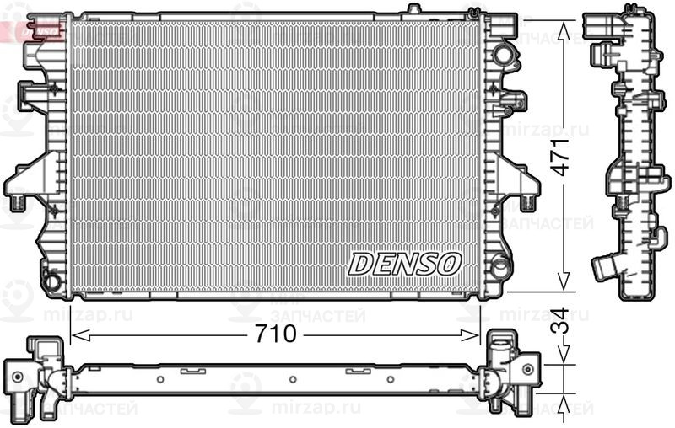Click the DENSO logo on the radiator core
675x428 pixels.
pos(404,263)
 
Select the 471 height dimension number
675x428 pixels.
pos(561,156)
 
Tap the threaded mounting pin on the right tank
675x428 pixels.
pos(528,201)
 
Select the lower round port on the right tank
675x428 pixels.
pos(501,268)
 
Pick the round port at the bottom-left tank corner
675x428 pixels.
pos(52,280)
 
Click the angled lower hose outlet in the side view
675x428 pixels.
pos(604,269)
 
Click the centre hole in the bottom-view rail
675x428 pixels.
pos(289,378)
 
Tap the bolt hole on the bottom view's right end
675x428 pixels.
pos(527,368)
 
